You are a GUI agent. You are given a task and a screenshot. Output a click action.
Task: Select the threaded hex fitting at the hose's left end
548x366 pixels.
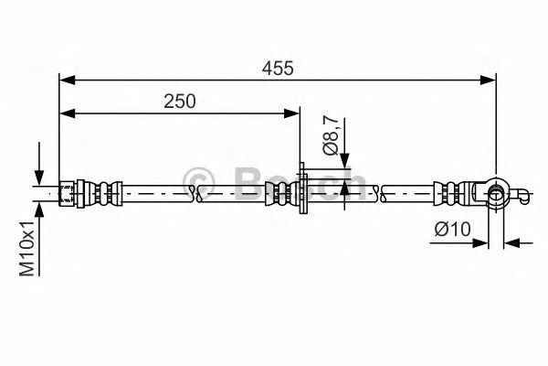[x=68, y=192]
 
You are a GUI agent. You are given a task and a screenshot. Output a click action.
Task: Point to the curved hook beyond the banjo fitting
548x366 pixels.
[x=523, y=195]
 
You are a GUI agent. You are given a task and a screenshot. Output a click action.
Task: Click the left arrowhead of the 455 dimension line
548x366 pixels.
[x=66, y=81]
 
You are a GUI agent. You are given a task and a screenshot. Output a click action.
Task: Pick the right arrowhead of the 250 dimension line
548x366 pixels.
[x=293, y=113]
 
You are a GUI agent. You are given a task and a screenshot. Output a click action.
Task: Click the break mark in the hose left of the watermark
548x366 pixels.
[x=193, y=192]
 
